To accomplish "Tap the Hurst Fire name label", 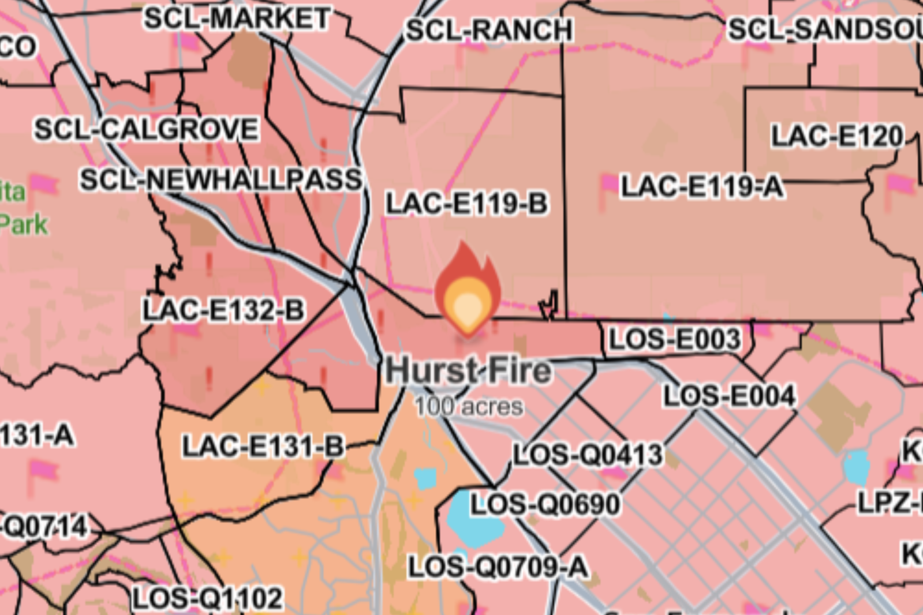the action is click(x=468, y=370).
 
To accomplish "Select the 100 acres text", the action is click(x=469, y=407).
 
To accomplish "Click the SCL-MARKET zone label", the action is click(x=237, y=18).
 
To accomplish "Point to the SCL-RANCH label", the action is click(x=489, y=30).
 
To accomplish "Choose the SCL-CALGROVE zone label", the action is click(x=146, y=129).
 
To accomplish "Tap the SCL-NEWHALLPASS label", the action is click(x=221, y=180).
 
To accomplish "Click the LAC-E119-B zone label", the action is click(x=466, y=204).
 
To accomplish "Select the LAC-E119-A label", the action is click(x=701, y=187).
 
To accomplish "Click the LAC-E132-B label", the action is click(x=223, y=310).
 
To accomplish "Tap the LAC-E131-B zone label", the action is click(x=263, y=447).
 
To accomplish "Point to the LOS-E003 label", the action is click(x=674, y=339).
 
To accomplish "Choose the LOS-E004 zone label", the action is click(x=729, y=396).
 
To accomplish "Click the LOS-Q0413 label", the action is click(x=588, y=455).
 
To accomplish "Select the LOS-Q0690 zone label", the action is click(x=545, y=505).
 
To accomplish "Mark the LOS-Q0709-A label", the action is click(x=498, y=567).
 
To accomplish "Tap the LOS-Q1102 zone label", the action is click(x=208, y=599).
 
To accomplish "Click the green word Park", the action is click(x=23, y=224).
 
